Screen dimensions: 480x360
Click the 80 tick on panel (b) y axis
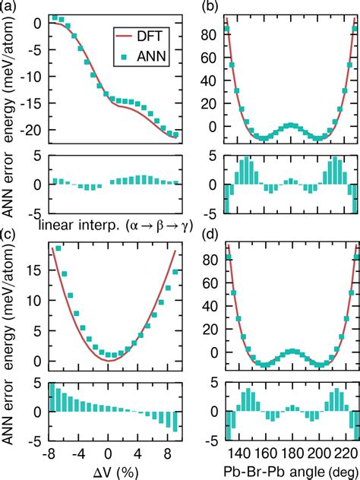coord(215,34)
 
